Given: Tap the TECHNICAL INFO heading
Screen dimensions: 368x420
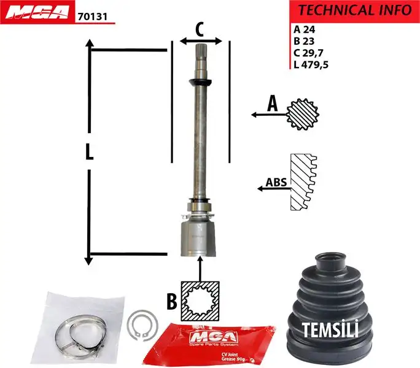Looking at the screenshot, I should click(354, 10).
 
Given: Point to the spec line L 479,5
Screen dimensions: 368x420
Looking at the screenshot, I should click(311, 65).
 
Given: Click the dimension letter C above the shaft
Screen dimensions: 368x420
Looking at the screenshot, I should click(200, 28).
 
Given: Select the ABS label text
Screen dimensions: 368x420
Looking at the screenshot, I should click(276, 182).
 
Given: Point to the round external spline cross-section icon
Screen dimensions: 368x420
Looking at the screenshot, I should click(301, 113).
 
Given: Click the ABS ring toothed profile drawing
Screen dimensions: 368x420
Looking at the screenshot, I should click(303, 182).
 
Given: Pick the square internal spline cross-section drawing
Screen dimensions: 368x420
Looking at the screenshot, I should click(200, 301).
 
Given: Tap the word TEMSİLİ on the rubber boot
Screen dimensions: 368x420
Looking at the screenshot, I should click(330, 329).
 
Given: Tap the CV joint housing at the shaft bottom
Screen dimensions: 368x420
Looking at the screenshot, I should click(196, 240).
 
